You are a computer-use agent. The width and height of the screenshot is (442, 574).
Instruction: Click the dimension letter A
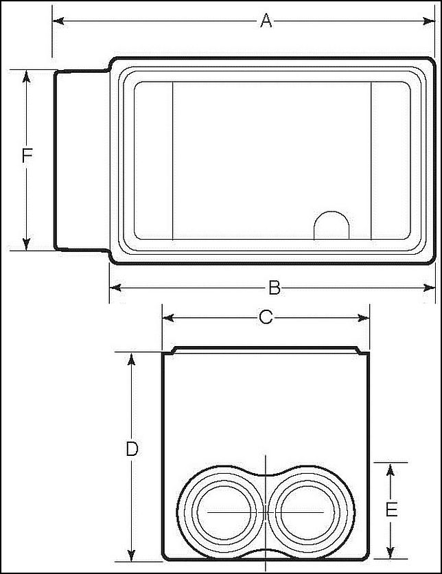coord(266,21)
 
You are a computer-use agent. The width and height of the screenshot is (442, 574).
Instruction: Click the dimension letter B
coord(274,288)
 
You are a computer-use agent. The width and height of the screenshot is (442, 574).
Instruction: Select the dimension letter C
coord(266,317)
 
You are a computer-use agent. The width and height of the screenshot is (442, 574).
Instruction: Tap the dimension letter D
coord(132,450)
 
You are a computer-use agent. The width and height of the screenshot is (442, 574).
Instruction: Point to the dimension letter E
coord(391,510)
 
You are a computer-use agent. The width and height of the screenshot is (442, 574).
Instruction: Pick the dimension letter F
coord(27,157)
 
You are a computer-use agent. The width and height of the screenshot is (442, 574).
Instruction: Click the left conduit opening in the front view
coord(221,512)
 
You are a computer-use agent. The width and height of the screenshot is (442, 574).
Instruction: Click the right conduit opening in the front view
coord(306,512)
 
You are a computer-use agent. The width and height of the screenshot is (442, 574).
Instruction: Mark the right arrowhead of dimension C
coord(363,317)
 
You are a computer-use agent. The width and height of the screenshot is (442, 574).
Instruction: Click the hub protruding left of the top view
coord(81,159)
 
